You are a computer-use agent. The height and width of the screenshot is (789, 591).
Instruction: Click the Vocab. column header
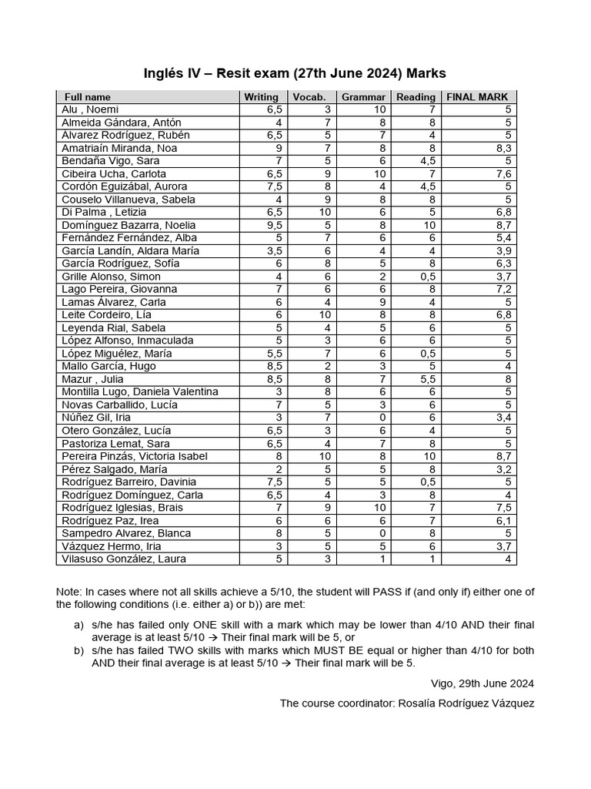[x=309, y=97]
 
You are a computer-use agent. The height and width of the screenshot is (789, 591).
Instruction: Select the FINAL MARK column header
[x=477, y=97]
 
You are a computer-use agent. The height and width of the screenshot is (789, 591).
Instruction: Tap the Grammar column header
[x=363, y=97]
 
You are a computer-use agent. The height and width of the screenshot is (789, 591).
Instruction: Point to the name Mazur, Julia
[x=92, y=379]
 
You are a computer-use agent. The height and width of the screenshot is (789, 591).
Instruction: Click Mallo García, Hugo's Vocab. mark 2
[x=327, y=366]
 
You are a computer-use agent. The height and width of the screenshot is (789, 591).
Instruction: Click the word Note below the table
[x=68, y=592]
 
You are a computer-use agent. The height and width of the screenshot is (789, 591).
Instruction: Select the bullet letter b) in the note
[x=79, y=650]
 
